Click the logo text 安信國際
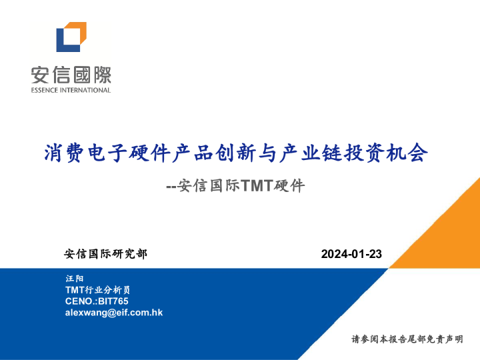71,74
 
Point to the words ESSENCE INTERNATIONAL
71,90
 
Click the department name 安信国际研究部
105,254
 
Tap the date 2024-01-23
351,254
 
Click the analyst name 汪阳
75,278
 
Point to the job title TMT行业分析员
97,290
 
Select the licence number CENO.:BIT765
97,301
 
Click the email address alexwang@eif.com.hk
114,313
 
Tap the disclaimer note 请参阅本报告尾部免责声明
407,339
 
